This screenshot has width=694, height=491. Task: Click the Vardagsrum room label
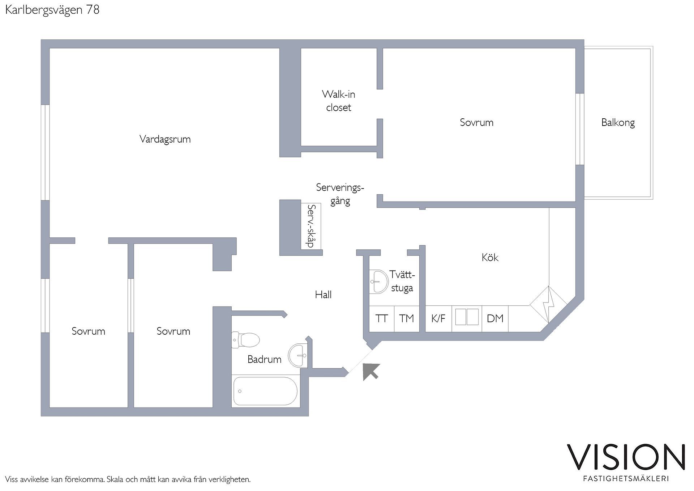pos(165,139)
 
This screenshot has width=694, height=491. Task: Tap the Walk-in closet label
pos(339,101)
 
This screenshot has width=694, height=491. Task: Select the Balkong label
pos(618,123)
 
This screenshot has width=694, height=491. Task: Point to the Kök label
pos(490,257)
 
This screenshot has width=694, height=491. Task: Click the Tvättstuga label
pos(402,282)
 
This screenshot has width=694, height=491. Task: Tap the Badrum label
pos(264,359)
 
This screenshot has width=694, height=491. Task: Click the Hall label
pos(323,295)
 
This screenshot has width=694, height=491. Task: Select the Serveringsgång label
pos(340,194)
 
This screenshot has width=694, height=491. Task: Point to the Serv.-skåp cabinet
pos(311,226)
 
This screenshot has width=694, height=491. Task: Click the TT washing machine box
pos(381,319)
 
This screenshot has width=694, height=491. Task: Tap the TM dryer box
pos(407,319)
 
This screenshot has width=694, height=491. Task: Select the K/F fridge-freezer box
pos(438,319)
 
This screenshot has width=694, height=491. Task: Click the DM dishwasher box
pos(495,319)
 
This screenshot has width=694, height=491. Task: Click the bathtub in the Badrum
pos(265,391)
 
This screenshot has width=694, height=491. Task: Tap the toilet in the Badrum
pos(246,340)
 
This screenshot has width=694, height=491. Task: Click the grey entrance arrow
pos(371,372)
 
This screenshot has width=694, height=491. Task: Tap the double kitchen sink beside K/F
pos(467,317)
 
